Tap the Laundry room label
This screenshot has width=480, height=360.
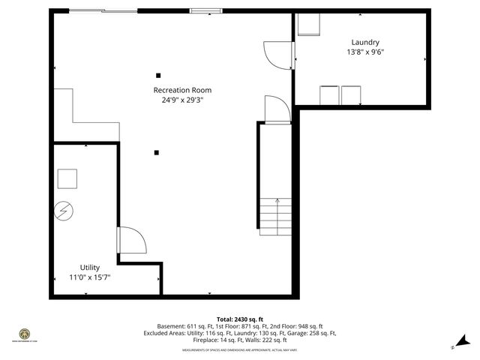click(x=365, y=43)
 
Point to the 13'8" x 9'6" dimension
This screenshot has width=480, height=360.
click(x=365, y=52)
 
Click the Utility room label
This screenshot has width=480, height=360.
click(x=90, y=267)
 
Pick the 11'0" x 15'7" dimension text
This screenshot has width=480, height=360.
click(x=90, y=277)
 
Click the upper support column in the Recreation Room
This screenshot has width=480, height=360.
click(x=158, y=75)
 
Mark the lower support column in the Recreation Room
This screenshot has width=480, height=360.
click(x=156, y=153)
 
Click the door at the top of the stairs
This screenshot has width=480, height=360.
click(x=276, y=109)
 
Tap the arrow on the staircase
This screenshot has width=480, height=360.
click(x=277, y=201)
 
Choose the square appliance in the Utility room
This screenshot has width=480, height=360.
click(x=67, y=178)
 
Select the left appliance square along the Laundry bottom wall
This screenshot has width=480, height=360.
click(x=329, y=95)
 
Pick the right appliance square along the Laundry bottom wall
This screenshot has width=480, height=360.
click(x=351, y=95)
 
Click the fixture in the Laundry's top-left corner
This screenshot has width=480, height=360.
click(x=308, y=24)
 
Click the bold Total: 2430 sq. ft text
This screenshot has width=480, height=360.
click(x=239, y=319)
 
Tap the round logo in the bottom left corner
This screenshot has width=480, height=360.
click(x=25, y=333)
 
